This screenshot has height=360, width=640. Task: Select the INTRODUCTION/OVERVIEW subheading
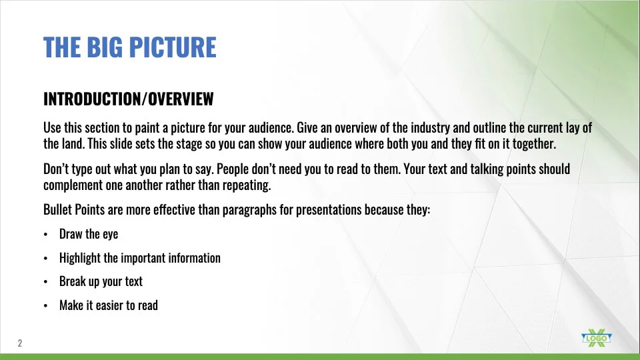coord(129,99)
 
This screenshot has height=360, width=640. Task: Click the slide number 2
coord(19,343)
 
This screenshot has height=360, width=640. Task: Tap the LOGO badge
coord(596,338)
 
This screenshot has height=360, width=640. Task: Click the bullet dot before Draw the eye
coord(45,234)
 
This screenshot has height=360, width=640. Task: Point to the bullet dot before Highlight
coord(45,259)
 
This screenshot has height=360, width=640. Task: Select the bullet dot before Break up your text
coord(45,281)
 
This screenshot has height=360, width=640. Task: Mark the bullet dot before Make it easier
coord(45,306)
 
